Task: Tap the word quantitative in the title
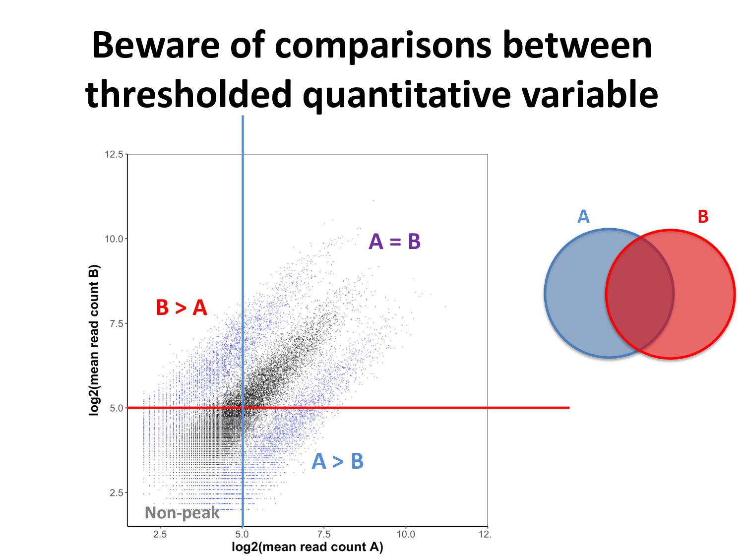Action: click(406, 94)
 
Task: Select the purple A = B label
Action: click(394, 242)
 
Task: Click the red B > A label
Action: click(181, 308)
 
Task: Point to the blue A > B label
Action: click(337, 461)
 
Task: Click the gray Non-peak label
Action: click(182, 513)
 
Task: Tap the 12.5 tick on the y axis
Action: click(114, 154)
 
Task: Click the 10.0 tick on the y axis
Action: click(114, 239)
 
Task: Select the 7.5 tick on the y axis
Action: click(116, 323)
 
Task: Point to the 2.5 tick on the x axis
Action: click(160, 534)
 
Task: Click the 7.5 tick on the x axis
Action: click(323, 534)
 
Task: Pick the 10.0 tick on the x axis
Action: click(405, 534)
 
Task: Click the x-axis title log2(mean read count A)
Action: click(307, 547)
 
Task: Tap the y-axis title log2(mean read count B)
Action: click(94, 340)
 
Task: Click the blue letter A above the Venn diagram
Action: click(583, 217)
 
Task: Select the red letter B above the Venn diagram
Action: click(703, 217)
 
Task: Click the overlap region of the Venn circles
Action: click(640, 294)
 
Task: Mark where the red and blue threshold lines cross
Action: click(243, 408)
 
